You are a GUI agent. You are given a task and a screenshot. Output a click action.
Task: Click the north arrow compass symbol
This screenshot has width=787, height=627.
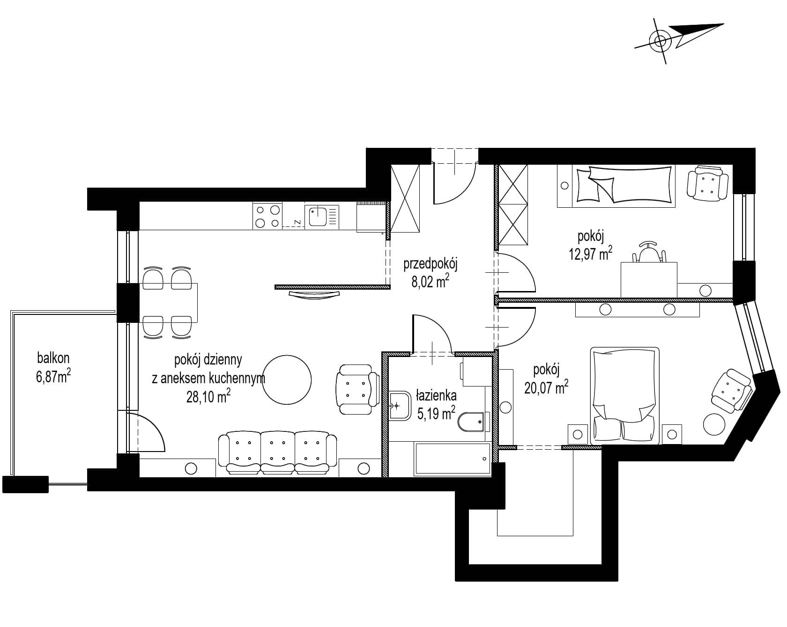661,41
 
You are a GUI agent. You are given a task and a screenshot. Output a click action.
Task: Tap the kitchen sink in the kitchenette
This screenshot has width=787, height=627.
322,216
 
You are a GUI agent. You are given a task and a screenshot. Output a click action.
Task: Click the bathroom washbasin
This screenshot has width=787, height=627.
399,405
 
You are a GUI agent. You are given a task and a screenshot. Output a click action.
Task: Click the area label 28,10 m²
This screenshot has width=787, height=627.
208,397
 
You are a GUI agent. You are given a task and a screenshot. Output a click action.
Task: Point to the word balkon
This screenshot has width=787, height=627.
53,358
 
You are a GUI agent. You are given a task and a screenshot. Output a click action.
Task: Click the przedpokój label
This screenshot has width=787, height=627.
431,264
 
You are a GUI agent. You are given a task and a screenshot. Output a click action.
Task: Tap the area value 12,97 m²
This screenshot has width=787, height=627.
591,254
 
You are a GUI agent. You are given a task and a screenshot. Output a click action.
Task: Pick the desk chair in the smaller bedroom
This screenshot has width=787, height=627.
649,252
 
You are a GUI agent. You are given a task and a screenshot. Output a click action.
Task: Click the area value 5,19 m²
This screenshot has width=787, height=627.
435,414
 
